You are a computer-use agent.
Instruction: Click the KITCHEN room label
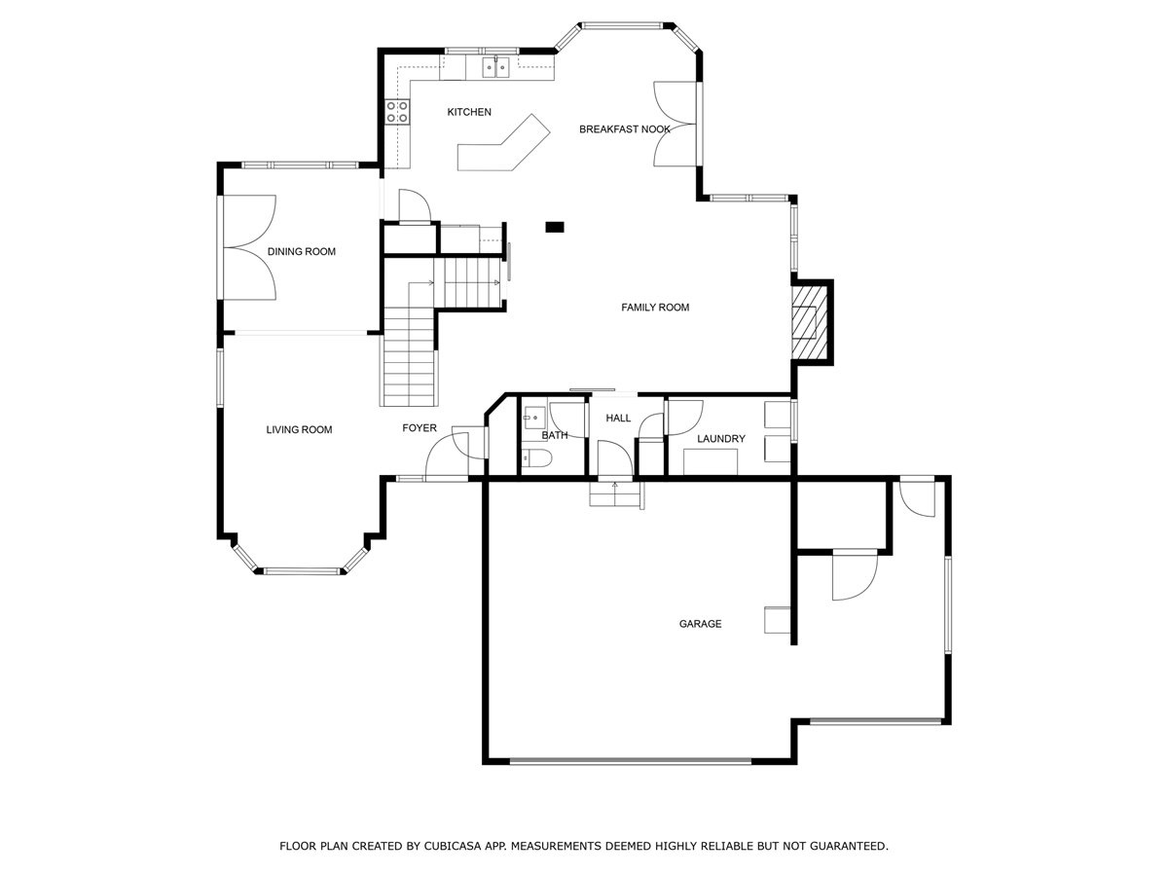(469, 112)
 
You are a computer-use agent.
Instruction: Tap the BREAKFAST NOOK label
(624, 129)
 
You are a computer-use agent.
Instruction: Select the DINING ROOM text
(301, 251)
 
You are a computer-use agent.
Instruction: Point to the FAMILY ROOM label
(655, 308)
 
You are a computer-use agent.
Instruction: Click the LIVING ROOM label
(299, 430)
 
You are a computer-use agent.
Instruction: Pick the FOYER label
(420, 428)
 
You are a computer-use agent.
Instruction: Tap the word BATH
(555, 436)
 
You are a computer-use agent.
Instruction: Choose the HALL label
(618, 419)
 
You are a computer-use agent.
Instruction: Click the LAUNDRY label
(721, 439)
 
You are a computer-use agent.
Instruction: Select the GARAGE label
(700, 624)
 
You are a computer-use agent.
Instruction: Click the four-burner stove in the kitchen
(397, 112)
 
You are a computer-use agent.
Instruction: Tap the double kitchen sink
(495, 67)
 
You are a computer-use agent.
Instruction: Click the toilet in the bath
(536, 457)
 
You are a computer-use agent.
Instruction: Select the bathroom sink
(533, 416)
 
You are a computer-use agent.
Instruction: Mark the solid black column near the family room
(555, 228)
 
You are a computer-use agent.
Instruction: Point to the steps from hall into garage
(615, 493)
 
